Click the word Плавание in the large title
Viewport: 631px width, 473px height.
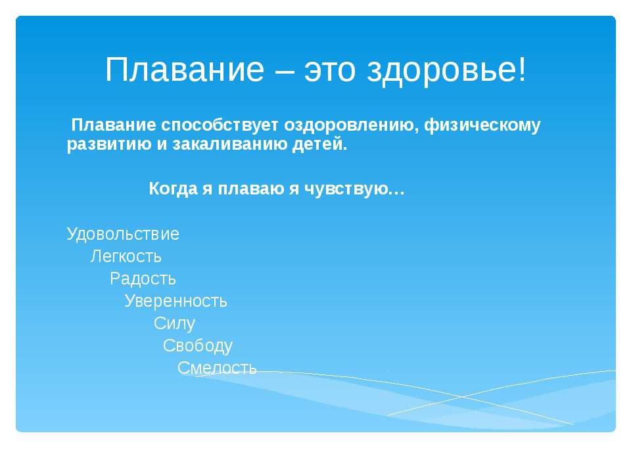(x=184, y=69)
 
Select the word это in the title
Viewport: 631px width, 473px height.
(x=329, y=71)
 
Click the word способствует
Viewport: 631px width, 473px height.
(x=220, y=125)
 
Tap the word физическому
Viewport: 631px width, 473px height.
(x=482, y=125)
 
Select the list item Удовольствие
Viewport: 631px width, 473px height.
(x=123, y=234)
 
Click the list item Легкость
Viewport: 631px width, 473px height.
(x=126, y=256)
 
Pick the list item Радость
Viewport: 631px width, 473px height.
(x=143, y=279)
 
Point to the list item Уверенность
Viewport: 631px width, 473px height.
(x=176, y=301)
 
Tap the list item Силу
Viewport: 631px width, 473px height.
(x=174, y=323)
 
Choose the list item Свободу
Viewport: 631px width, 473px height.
(x=198, y=346)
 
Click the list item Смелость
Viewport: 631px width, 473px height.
(x=217, y=368)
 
